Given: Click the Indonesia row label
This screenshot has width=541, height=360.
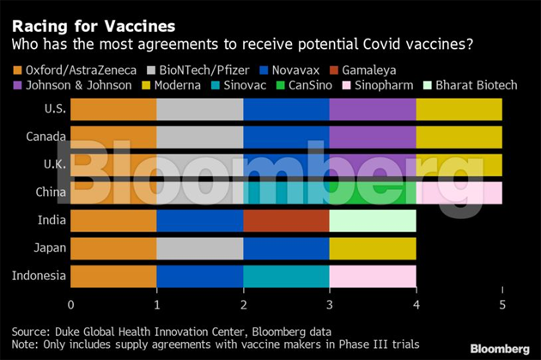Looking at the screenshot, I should [x=36, y=276].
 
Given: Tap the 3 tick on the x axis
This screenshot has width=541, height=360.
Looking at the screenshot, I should [x=329, y=303].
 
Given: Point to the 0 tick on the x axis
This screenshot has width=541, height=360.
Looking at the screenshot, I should [x=70, y=303].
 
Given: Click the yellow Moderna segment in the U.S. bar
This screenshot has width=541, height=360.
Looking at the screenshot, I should [x=459, y=109].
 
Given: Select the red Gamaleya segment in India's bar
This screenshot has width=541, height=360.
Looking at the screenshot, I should [x=286, y=221].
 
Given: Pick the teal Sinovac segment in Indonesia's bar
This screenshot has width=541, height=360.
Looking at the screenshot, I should [x=286, y=276].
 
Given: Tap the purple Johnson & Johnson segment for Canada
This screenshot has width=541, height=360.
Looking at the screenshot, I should [x=372, y=137].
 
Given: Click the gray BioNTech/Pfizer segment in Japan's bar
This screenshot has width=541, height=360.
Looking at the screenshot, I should [x=199, y=248].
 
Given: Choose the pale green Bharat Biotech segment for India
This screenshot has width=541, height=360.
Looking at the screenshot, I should [x=372, y=221].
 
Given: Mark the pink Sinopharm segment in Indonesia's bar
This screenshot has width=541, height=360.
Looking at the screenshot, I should [x=372, y=276].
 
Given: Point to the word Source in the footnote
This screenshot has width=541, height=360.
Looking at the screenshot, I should [x=30, y=331].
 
